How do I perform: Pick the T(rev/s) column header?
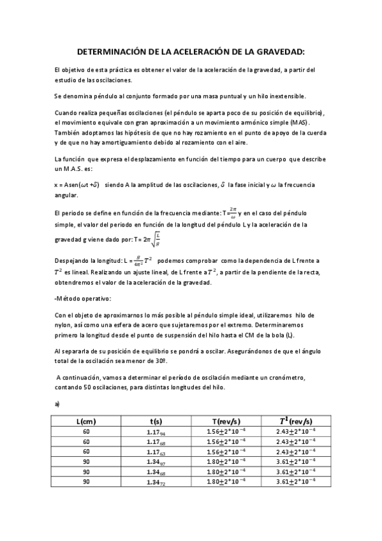coord(226,420)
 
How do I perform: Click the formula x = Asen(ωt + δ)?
coord(77,185)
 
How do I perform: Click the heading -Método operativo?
coord(83,299)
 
